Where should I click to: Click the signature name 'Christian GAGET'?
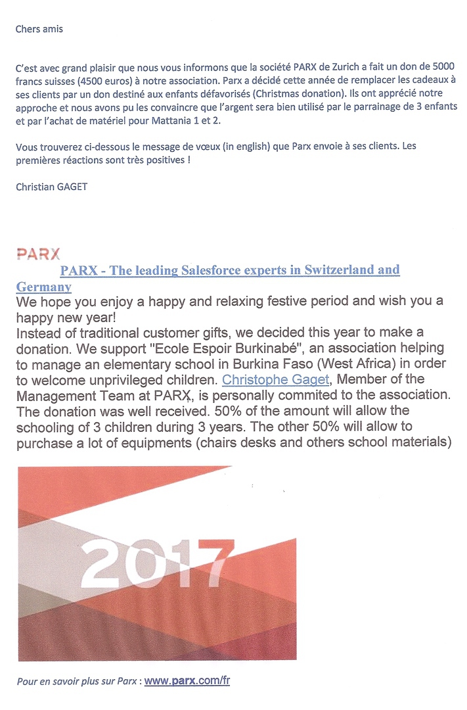point(51,187)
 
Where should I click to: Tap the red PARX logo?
point(38,254)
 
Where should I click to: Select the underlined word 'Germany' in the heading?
point(44,287)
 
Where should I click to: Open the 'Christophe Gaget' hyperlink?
point(275,379)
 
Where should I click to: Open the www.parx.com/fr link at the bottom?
point(187,681)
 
